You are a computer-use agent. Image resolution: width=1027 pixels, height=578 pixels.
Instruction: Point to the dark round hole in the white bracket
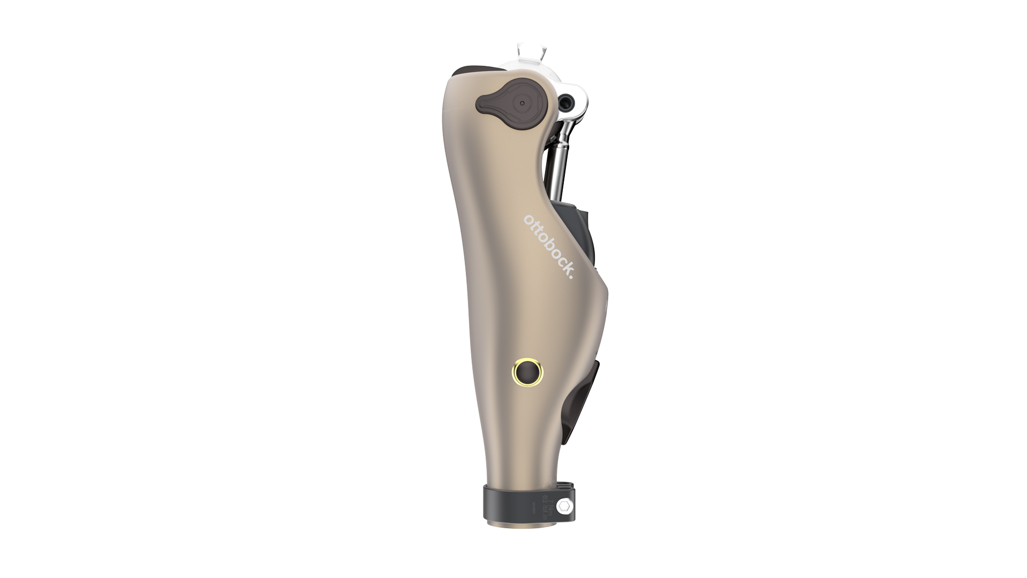pyautogui.click(x=565, y=100)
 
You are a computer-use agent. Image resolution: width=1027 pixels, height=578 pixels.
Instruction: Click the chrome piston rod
pyautogui.click(x=558, y=161)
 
